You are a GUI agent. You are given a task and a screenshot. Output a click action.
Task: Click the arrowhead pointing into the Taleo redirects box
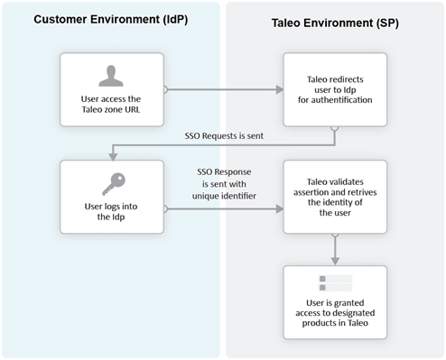tap(278, 89)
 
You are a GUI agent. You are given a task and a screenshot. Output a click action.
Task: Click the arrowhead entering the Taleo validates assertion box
tap(278, 209)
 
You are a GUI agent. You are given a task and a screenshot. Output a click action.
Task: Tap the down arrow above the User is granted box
tap(335, 261)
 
